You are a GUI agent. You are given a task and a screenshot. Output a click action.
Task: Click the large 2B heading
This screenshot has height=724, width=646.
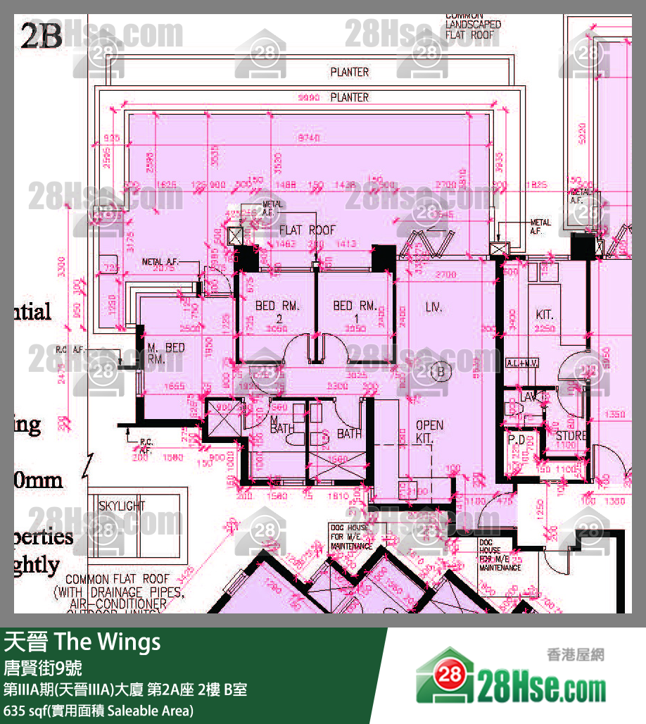click(42, 37)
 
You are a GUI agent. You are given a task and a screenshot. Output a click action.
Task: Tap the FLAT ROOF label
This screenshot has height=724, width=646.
click(308, 230)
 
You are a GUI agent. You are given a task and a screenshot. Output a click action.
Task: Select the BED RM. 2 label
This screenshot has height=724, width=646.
click(277, 312)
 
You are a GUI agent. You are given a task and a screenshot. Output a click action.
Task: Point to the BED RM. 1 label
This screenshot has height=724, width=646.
click(355, 312)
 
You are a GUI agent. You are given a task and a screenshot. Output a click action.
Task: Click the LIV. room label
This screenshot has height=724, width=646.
click(432, 307)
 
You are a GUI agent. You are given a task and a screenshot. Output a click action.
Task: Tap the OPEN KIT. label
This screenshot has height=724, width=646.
click(429, 432)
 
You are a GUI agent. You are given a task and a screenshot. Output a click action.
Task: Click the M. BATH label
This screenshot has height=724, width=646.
click(282, 424)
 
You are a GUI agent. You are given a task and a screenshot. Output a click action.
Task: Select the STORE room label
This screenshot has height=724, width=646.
click(571, 436)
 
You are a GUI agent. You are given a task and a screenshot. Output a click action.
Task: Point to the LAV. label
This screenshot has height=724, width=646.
click(529, 398)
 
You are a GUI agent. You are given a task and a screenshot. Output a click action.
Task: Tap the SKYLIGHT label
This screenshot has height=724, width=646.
click(122, 506)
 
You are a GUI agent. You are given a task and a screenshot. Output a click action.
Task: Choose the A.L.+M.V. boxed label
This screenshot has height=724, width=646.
click(521, 363)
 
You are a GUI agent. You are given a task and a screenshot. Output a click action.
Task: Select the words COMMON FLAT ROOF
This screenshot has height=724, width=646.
click(118, 579)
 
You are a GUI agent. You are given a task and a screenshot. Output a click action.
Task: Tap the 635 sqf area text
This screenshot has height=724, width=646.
click(99, 710)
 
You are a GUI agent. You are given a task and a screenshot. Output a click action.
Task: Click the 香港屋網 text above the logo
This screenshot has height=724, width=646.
click(574, 654)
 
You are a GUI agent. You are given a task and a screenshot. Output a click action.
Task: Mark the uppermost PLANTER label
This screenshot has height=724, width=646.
click(349, 72)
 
